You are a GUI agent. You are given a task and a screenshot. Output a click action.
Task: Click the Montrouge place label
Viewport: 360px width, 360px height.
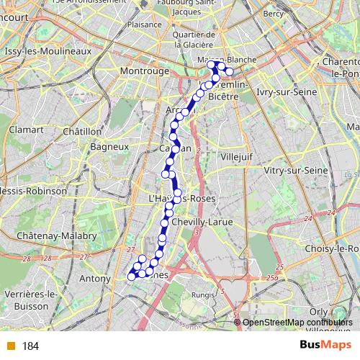144,71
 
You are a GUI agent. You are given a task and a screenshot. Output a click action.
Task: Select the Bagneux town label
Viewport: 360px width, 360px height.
109,146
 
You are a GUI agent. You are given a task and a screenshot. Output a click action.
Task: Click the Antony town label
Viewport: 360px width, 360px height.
95,278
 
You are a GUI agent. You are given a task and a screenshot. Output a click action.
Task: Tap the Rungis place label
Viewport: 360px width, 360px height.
203,294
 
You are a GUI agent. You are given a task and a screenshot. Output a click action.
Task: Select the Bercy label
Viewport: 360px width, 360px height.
274,13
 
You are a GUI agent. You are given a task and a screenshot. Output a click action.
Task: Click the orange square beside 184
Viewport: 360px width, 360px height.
10,346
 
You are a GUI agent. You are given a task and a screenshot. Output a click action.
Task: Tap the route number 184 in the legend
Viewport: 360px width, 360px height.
30,346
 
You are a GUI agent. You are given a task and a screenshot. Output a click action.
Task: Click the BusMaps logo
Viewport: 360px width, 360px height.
326,346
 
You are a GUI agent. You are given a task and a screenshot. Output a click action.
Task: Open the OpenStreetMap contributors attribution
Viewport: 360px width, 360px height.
297,323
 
